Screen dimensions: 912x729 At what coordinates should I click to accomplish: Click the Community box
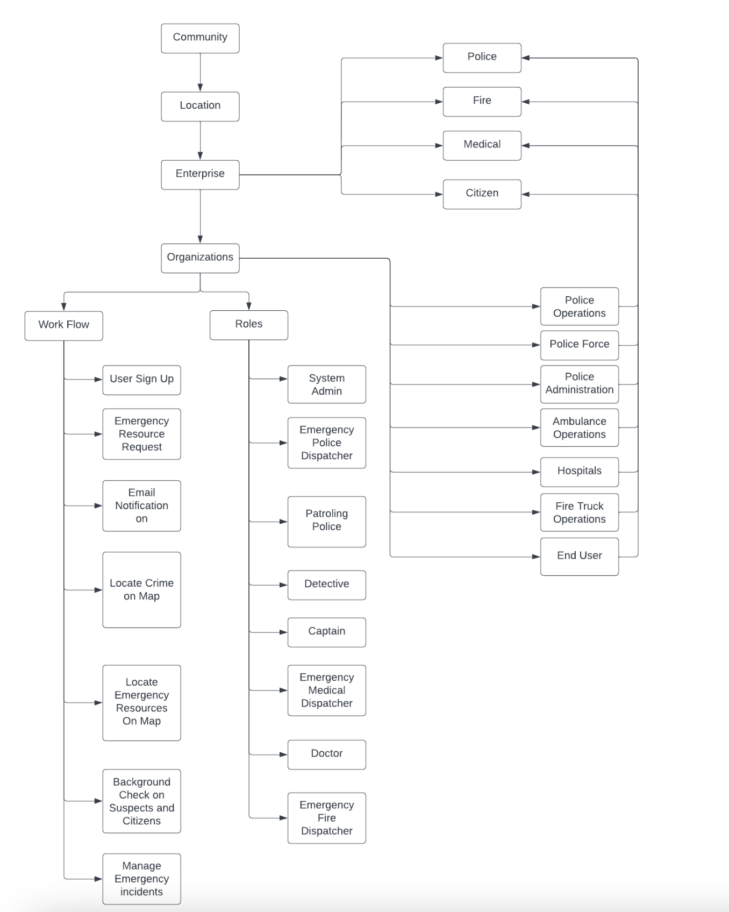(x=200, y=38)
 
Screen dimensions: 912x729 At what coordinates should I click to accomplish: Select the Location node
(x=200, y=106)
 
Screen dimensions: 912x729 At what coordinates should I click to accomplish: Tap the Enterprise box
(x=200, y=174)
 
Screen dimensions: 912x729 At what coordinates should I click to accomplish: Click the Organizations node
(x=200, y=258)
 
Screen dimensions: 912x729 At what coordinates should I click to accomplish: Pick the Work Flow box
(x=63, y=325)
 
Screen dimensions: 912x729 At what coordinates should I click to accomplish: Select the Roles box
(x=248, y=325)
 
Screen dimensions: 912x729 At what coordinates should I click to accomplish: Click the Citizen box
(x=482, y=194)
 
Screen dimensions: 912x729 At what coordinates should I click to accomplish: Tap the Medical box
(x=482, y=145)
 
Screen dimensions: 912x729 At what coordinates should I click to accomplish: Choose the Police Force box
(x=579, y=345)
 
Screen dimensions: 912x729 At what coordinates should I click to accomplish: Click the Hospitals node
(x=579, y=472)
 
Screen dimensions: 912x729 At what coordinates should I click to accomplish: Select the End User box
(x=579, y=556)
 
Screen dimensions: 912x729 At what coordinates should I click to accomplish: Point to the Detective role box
(x=326, y=585)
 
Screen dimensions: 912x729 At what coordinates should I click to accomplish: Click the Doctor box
(x=326, y=754)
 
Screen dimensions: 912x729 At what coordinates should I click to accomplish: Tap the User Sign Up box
(x=141, y=380)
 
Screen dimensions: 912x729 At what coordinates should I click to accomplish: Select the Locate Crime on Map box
(x=141, y=589)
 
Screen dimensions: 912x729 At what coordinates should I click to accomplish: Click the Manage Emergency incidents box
(x=141, y=879)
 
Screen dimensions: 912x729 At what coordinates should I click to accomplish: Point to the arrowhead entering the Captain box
(x=283, y=632)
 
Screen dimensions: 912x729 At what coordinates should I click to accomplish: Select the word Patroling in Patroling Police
(x=326, y=514)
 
